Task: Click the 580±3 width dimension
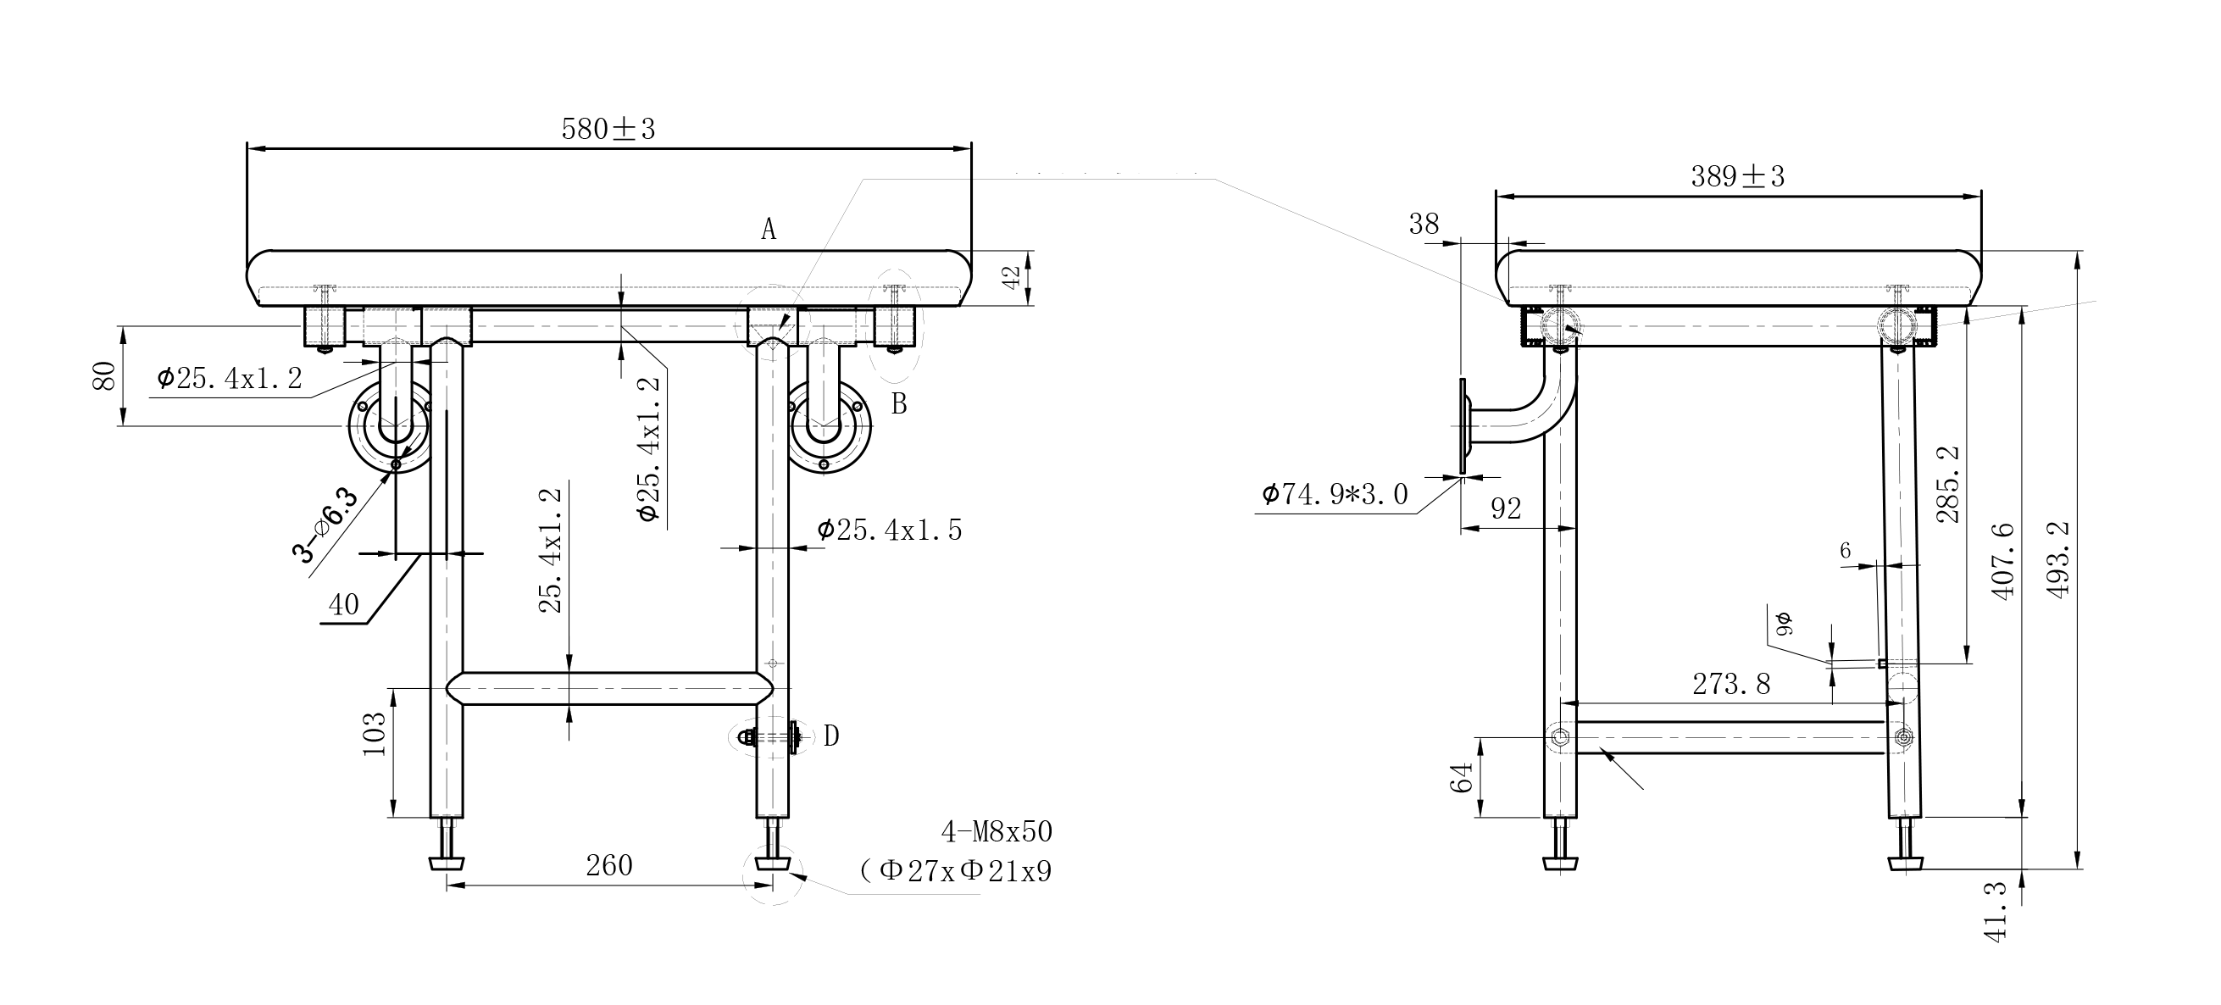608,130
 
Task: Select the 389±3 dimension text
1737,177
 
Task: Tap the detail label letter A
769,230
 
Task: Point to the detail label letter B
898,403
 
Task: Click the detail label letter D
830,736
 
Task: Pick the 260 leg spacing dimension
608,865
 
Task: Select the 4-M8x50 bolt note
997,832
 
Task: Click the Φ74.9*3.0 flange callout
1335,495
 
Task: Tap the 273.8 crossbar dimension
1730,685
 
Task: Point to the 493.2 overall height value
2057,560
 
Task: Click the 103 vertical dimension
375,735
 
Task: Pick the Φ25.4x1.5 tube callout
889,530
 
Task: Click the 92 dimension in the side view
1506,509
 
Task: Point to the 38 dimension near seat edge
1424,225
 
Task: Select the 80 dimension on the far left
104,375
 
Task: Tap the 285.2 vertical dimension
1947,485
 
